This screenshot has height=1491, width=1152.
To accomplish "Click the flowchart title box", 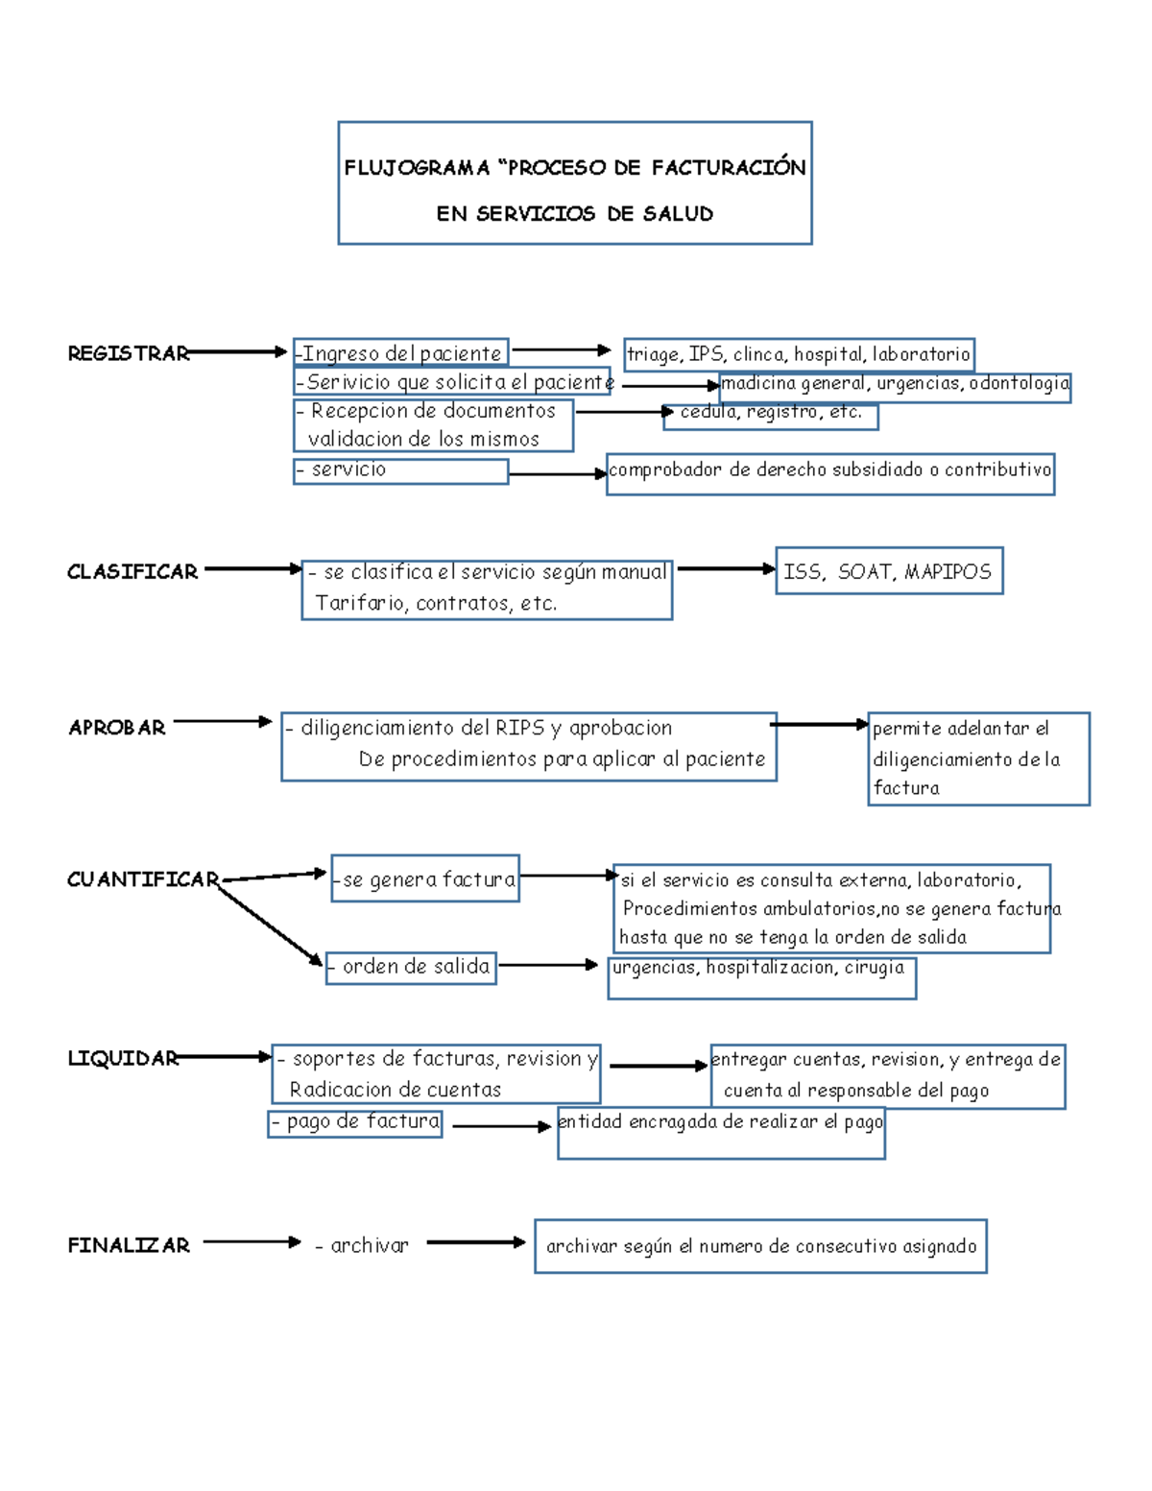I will coord(575,183).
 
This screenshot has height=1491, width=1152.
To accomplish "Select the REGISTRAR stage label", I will coord(128,353).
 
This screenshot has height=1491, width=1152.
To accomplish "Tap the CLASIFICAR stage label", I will coord(132,572).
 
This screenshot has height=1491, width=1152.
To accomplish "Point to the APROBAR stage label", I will coord(117,728).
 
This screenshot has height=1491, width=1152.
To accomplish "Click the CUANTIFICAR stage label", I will coord(143,879).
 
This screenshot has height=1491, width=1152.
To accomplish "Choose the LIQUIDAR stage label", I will coord(123,1058).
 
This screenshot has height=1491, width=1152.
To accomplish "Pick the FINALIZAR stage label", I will coord(129,1245).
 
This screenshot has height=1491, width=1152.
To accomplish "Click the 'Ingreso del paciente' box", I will coord(401,353).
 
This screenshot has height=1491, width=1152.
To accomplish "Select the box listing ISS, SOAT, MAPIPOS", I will coord(888,571).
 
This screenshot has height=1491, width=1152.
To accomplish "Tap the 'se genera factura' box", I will coord(425,878).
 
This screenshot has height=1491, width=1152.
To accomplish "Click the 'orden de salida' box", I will coord(411,967).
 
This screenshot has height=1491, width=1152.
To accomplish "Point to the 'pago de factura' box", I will coord(355,1122).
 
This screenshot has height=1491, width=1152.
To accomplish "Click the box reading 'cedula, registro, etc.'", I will coord(771,414).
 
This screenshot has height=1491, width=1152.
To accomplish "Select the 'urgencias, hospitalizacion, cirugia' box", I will coord(761,976).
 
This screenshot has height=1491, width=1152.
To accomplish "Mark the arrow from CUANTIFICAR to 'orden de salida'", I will coord(271,926).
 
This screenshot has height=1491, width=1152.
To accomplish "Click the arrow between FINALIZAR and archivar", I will coord(252,1241).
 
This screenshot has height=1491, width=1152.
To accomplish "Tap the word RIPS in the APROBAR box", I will coord(519,728).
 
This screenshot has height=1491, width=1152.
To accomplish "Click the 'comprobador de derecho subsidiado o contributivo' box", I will coord(830,473).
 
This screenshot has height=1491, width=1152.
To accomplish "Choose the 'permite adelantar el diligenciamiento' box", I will coord(977,758).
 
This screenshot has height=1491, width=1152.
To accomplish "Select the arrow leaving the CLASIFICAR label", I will coord(252,568).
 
